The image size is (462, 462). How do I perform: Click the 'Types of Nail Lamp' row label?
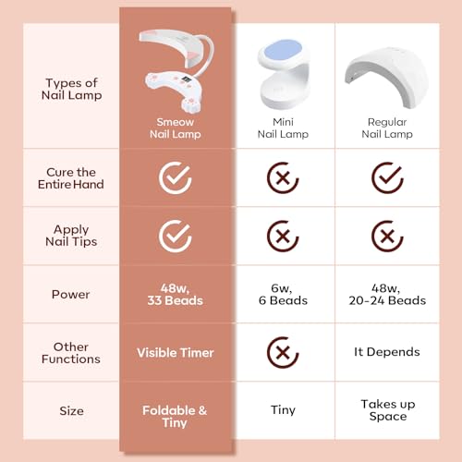pyautogui.click(x=71, y=90)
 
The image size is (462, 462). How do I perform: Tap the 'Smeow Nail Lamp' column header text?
pyautogui.click(x=176, y=128)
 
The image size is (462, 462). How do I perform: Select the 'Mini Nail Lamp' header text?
pyautogui.click(x=283, y=128)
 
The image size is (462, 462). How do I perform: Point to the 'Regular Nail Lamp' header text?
pyautogui.click(x=387, y=128)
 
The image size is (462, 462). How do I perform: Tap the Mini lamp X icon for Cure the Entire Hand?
pyautogui.click(x=283, y=178)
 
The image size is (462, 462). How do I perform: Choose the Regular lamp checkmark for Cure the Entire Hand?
pyautogui.click(x=387, y=178)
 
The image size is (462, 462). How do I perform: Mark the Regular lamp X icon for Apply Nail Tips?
pyautogui.click(x=387, y=237)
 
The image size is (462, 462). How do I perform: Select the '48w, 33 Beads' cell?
pyautogui.click(x=175, y=295)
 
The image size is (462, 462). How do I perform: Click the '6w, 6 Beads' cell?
pyautogui.click(x=283, y=295)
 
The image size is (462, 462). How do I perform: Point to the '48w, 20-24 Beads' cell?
pyautogui.click(x=387, y=295)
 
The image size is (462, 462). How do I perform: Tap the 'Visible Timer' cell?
pyautogui.click(x=176, y=353)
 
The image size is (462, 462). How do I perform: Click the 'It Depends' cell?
pyautogui.click(x=387, y=352)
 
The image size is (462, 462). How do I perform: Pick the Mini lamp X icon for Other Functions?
pyautogui.click(x=283, y=353)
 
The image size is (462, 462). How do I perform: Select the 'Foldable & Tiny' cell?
pyautogui.click(x=175, y=417)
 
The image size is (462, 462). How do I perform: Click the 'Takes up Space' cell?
pyautogui.click(x=388, y=410)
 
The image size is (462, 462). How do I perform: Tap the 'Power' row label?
pyautogui.click(x=70, y=295)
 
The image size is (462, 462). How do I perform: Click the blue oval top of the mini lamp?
pyautogui.click(x=284, y=50)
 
